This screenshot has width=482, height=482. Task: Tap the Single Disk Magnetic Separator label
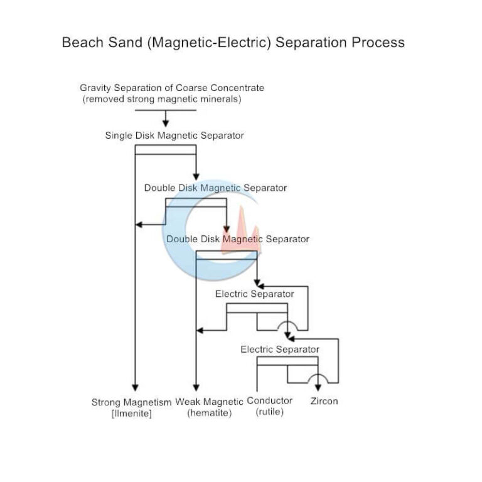click(x=174, y=136)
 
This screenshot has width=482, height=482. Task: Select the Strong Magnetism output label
click(x=131, y=402)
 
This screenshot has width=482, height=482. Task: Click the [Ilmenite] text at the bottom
click(x=131, y=414)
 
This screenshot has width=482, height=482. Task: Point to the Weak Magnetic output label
click(x=209, y=402)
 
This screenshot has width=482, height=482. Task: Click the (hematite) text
click(x=209, y=413)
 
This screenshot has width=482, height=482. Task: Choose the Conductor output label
click(x=270, y=401)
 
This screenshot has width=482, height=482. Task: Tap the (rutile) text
click(x=270, y=412)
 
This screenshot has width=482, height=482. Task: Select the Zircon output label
click(x=324, y=401)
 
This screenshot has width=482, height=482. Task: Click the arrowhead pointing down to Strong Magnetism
click(x=135, y=387)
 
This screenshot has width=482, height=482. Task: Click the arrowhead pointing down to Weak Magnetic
click(x=196, y=387)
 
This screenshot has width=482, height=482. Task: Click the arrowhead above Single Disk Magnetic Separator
click(x=166, y=122)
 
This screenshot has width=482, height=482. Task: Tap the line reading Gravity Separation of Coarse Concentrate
click(x=172, y=88)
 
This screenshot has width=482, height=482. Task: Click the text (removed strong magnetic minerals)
click(x=161, y=99)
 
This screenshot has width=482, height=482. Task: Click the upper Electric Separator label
click(x=254, y=294)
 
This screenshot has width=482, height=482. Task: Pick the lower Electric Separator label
click(x=280, y=350)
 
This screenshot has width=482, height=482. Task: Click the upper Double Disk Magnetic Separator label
click(x=215, y=188)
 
